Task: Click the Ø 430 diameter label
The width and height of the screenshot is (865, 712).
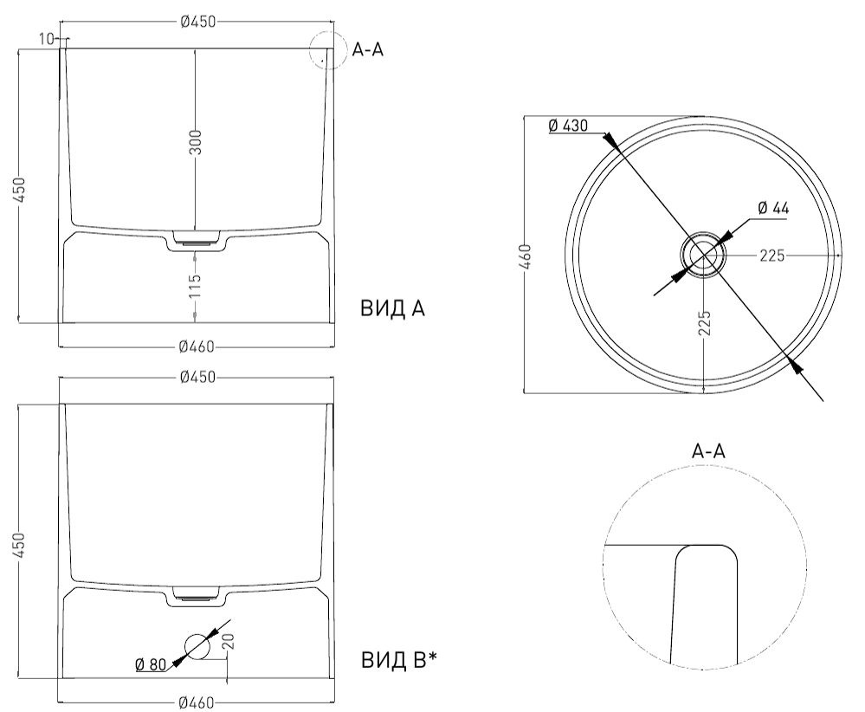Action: point(568,126)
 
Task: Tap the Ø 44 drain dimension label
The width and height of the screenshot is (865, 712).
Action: point(773,208)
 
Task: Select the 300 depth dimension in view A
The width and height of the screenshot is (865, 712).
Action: point(196,142)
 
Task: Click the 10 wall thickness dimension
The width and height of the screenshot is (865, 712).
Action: point(47,39)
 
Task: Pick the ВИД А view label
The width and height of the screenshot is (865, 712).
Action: point(393,308)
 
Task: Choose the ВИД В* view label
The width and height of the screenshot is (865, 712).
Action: point(399,660)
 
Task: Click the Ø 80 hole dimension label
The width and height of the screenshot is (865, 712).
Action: point(151,664)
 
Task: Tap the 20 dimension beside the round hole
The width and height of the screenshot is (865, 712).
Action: point(229,640)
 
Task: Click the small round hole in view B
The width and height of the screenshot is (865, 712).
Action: point(197,646)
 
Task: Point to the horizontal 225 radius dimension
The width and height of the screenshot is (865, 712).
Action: point(772,256)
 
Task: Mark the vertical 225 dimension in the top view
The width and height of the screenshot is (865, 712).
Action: point(705,323)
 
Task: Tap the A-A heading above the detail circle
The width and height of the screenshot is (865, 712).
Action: point(708,451)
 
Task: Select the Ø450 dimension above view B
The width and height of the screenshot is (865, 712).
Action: point(197,377)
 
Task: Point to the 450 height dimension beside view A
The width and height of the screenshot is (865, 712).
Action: point(19,190)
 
